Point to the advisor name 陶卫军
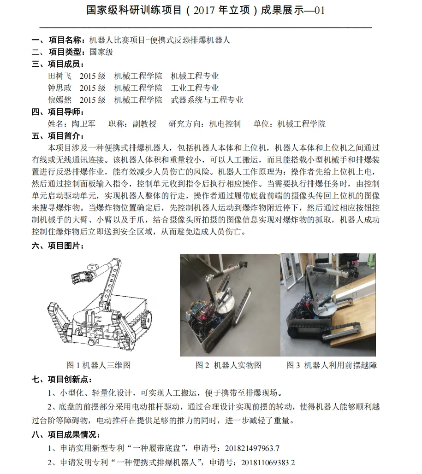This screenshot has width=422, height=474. [x=83, y=124]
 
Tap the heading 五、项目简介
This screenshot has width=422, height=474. [x=58, y=136]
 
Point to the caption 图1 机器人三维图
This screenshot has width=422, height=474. [x=98, y=365]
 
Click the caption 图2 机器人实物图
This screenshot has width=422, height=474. [x=229, y=365]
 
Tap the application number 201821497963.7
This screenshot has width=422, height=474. [x=252, y=448]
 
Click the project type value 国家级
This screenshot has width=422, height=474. [x=101, y=52]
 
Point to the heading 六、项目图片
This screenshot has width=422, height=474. [x=58, y=246]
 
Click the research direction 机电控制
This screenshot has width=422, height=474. [x=225, y=124]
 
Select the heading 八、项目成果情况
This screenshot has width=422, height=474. [x=66, y=434]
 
